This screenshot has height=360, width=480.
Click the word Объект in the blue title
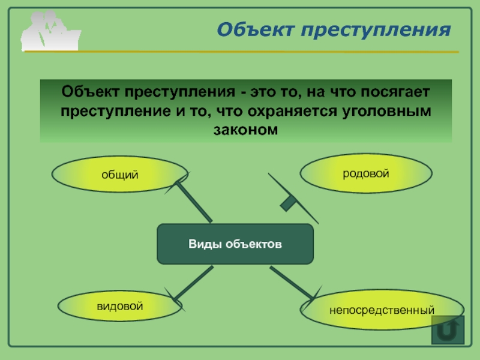point(256,29)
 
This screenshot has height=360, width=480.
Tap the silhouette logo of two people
point(50,31)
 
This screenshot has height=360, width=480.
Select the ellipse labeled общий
point(119,174)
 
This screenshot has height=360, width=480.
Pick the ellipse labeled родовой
point(366,173)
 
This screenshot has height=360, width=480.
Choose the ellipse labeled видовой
point(119,306)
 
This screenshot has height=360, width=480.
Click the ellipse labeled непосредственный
point(382,310)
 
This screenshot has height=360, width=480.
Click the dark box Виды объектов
point(235,244)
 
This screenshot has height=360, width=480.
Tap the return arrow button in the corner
point(448,330)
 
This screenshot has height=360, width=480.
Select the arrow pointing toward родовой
point(292,198)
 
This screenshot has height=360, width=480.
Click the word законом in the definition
point(245,130)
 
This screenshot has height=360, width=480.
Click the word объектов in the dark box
point(254,244)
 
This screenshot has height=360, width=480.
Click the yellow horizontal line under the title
point(242,52)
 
